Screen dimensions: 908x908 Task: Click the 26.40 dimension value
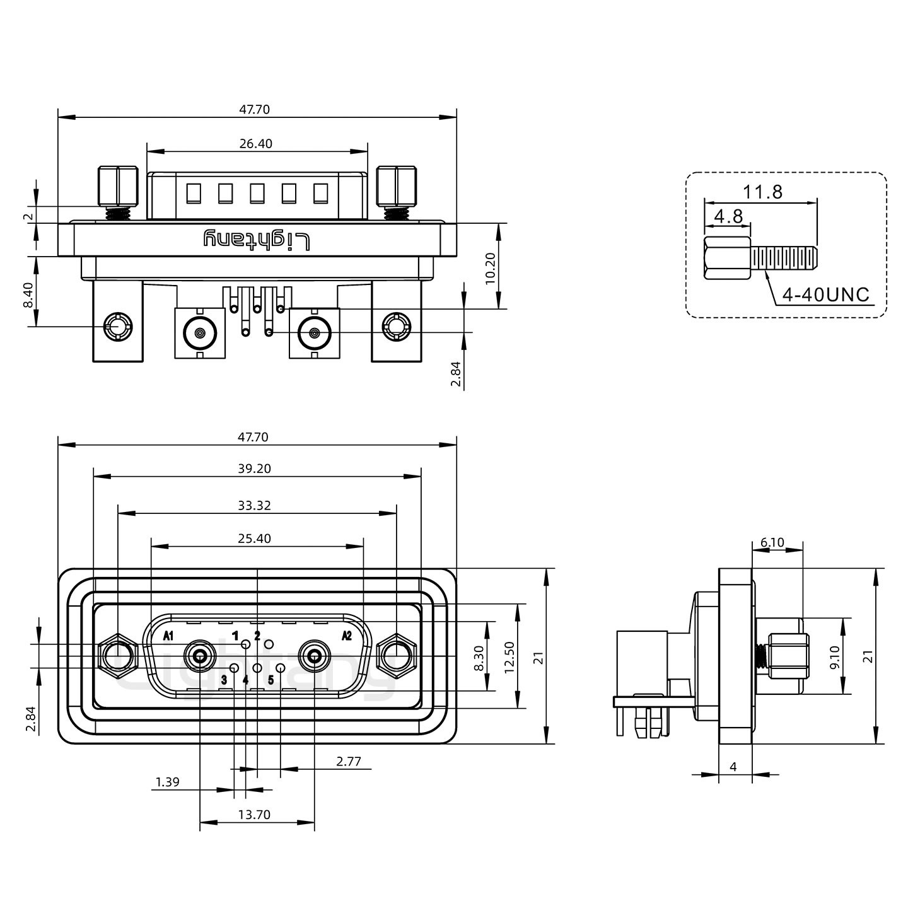tap(255, 144)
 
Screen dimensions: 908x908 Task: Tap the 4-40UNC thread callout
tap(825, 294)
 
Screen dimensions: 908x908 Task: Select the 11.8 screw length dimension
tap(762, 191)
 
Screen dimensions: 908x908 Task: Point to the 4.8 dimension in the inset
tap(728, 217)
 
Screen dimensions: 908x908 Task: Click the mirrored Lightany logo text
tap(257, 240)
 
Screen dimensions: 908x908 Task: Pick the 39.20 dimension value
tap(255, 469)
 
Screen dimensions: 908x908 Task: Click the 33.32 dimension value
tap(255, 505)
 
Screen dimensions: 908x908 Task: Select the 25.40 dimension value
tap(255, 538)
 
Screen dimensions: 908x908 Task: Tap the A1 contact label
tap(168, 636)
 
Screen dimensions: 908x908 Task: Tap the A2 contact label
tap(346, 636)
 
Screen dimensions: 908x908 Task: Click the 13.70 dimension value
tap(254, 815)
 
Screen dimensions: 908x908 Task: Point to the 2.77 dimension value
tap(348, 762)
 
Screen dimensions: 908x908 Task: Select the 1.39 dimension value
tap(168, 783)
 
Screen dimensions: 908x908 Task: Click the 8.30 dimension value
tap(479, 657)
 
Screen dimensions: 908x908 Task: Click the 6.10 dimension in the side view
tap(772, 542)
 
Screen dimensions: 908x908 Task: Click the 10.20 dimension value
tap(491, 269)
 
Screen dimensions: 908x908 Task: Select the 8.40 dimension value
tap(28, 294)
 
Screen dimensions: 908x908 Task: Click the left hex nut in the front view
tap(118, 656)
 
